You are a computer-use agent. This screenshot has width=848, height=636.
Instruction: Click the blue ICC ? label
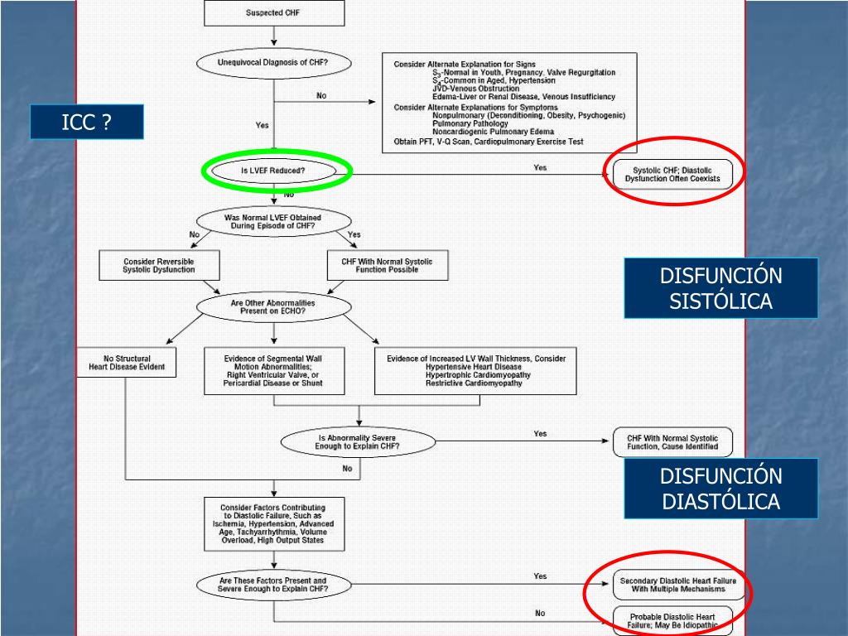87,123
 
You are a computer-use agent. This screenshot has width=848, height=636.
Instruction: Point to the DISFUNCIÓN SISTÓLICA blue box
720,288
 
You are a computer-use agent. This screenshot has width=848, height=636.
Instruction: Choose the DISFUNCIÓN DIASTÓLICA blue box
720,489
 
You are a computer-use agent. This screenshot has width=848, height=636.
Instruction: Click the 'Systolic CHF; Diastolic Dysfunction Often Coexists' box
672,174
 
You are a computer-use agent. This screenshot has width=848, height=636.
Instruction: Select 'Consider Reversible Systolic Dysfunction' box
159,265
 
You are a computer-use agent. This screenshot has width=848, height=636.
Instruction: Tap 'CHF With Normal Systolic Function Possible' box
387,265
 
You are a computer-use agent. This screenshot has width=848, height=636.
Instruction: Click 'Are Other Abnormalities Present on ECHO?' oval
273,307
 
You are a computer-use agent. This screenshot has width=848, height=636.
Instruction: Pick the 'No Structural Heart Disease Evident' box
127,362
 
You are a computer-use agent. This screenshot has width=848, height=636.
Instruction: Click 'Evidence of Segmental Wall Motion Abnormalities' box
273,370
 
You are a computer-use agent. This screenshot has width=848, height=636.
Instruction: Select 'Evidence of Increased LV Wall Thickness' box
475,370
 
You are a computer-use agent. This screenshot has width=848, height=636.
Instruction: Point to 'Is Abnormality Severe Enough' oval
358,442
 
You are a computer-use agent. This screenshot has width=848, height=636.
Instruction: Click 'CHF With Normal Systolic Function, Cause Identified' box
672,442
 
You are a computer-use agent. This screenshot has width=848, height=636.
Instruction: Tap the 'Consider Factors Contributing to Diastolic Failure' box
273,523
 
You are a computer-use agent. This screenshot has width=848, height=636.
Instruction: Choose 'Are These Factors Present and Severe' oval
273,585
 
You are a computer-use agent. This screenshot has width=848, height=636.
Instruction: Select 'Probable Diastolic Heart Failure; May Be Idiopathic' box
672,621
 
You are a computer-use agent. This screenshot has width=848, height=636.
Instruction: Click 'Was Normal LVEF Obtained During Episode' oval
273,222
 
